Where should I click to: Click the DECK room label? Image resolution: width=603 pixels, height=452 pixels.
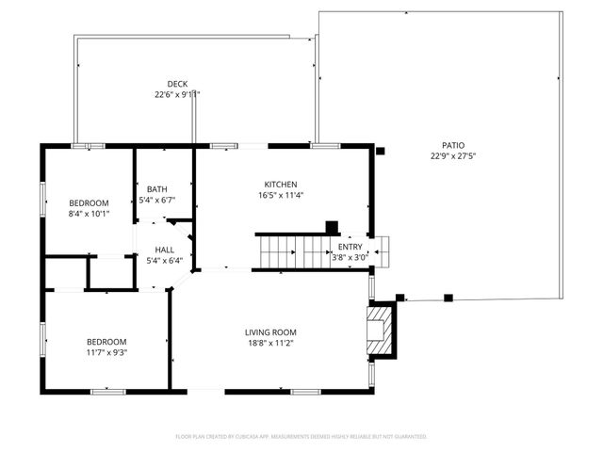[x=178, y=84]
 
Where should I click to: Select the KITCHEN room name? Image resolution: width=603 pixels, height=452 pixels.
[x=281, y=185]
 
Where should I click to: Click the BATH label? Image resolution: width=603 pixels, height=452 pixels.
[x=156, y=189]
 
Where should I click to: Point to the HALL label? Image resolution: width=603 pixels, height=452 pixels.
[x=164, y=250]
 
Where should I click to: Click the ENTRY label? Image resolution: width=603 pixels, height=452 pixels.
[x=350, y=247]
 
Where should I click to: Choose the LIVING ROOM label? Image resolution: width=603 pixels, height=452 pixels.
[x=270, y=332]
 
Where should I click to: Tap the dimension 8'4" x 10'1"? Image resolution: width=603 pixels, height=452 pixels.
[x=89, y=214]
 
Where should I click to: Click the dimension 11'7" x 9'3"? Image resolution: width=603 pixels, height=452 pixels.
[x=106, y=352]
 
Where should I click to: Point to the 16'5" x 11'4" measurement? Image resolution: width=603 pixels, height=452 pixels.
[x=281, y=196]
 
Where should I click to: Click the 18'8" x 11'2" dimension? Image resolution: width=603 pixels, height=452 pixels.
[x=270, y=344]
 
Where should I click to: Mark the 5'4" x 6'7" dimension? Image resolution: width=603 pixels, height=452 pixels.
[x=156, y=200]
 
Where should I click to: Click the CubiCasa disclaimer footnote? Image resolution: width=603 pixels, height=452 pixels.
[x=301, y=437]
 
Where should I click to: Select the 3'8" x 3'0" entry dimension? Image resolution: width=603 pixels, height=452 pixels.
[x=350, y=257]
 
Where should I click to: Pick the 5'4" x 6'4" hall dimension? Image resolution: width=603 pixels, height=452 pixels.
[x=164, y=261]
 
